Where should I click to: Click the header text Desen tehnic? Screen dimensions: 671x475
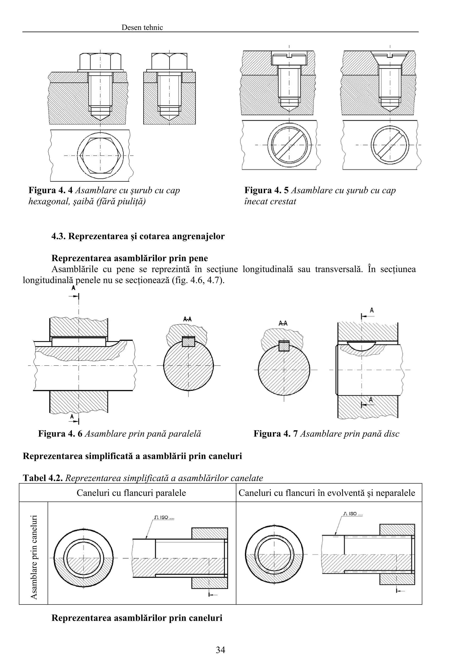(142, 28)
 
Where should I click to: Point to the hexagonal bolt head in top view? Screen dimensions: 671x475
(100, 155)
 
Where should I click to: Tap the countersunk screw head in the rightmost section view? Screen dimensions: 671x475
(390, 57)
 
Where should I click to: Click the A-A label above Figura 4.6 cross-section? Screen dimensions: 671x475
(187, 319)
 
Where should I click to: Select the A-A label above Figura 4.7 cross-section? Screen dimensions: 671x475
(283, 323)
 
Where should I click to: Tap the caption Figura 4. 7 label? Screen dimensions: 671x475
(275, 433)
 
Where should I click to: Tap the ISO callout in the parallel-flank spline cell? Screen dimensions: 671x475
(164, 517)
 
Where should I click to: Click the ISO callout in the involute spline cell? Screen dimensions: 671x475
(353, 513)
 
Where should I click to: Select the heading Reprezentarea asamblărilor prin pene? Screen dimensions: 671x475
(130, 258)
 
